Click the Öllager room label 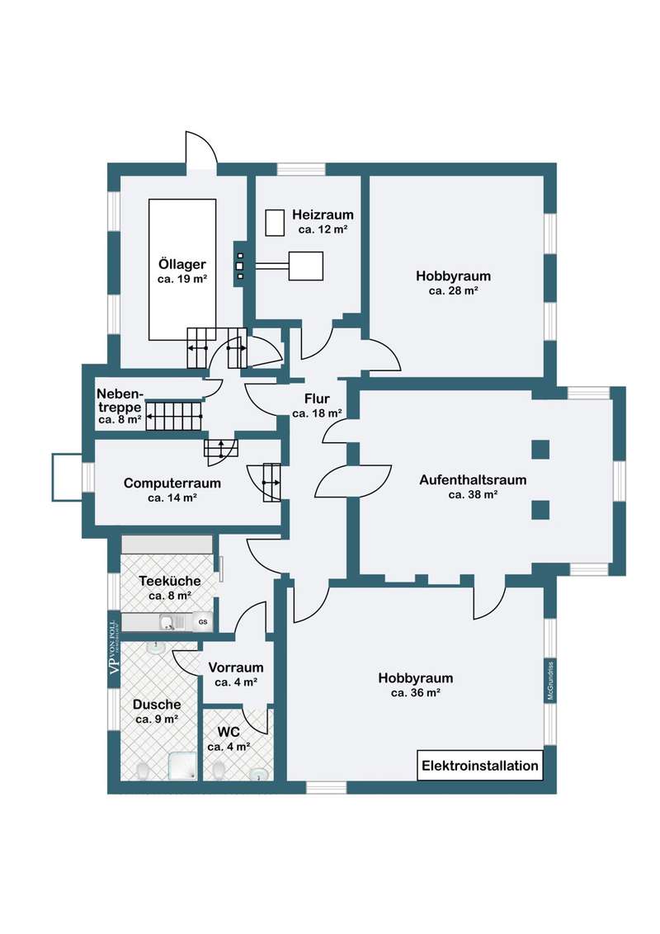click(x=181, y=265)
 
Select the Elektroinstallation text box click(x=480, y=766)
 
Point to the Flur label click(x=318, y=399)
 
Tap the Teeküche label click(x=170, y=580)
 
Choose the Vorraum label click(x=236, y=667)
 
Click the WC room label click(x=229, y=732)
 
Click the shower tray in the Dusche click(x=183, y=765)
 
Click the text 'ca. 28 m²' click(x=454, y=290)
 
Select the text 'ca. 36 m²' click(x=416, y=693)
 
